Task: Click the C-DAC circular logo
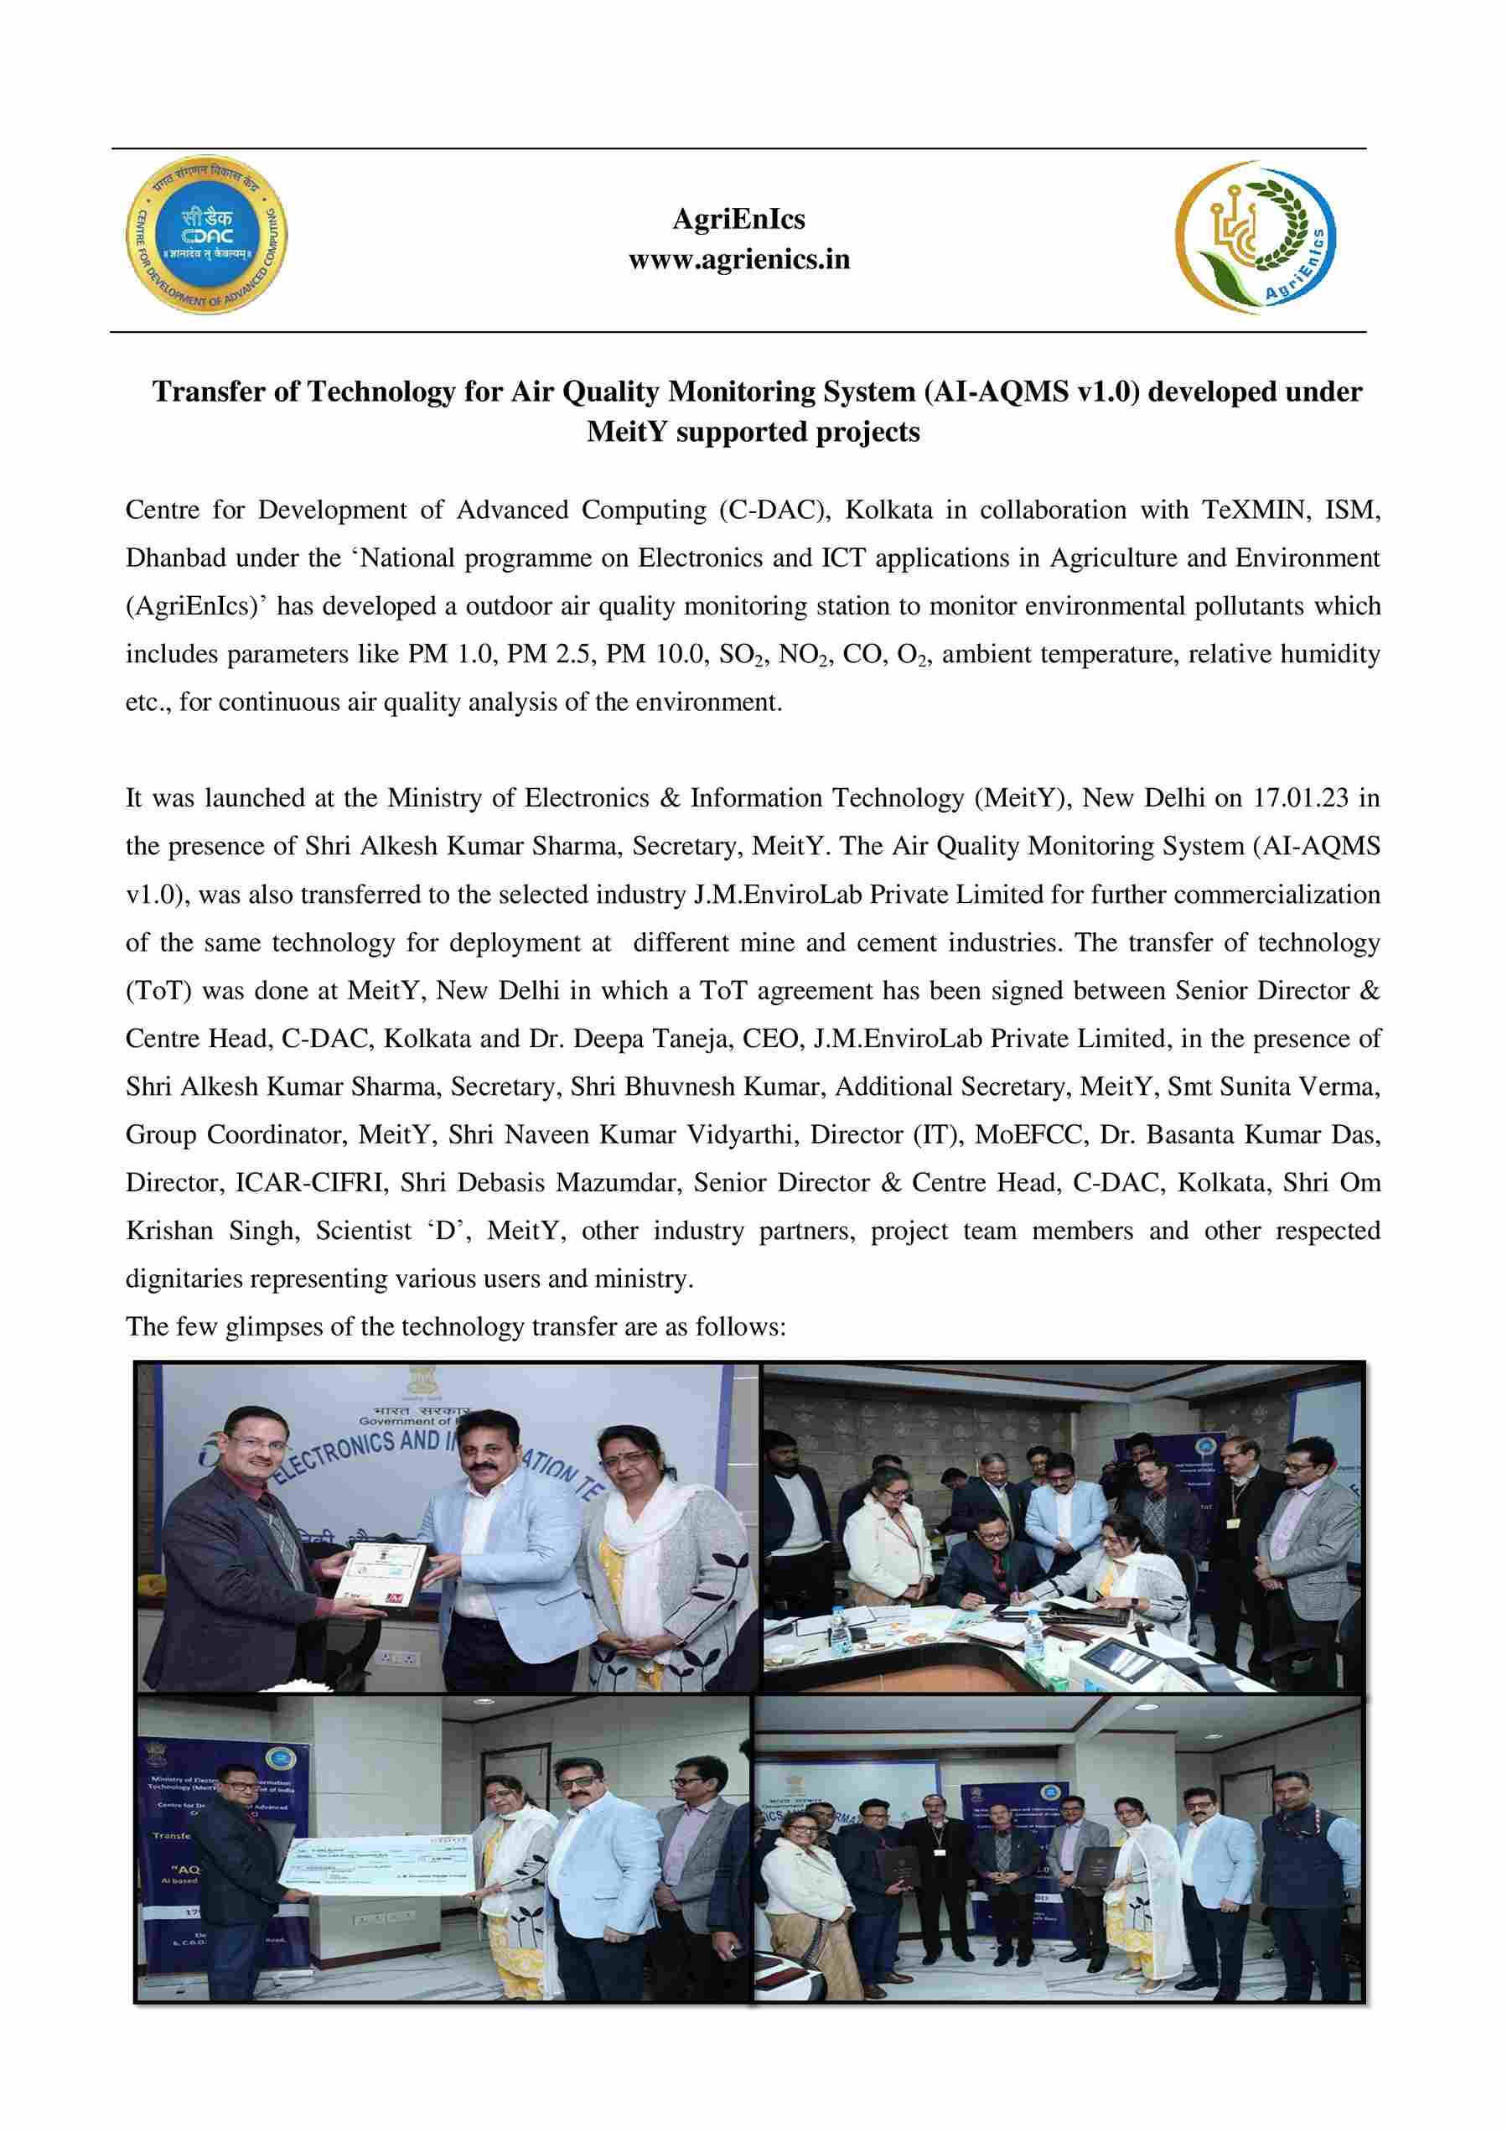(206, 234)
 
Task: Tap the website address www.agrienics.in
(739, 259)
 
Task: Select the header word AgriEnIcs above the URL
(738, 219)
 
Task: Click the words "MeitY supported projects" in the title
(753, 432)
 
